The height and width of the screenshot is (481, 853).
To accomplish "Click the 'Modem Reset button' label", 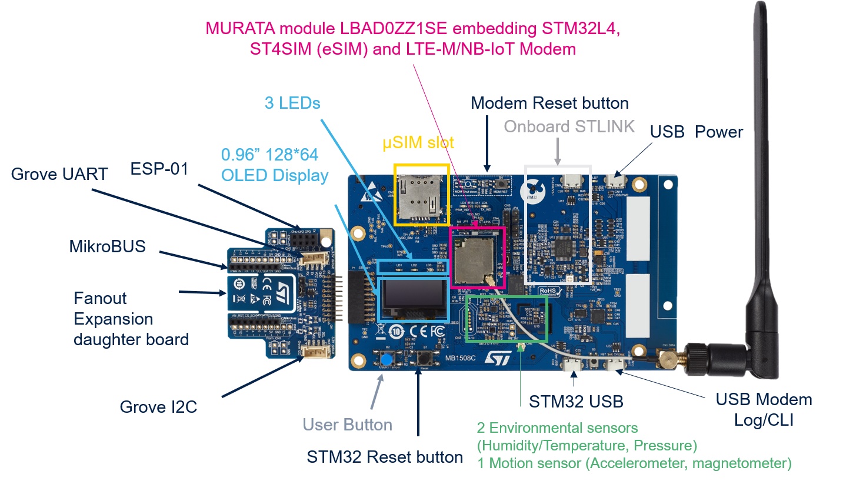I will click(x=549, y=103).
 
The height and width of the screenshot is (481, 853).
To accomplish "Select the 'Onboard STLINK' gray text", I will click(x=569, y=126).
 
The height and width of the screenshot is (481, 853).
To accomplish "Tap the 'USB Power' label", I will click(x=697, y=132).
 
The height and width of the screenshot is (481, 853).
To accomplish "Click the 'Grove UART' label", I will click(x=60, y=173).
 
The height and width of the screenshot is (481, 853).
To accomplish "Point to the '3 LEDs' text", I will click(x=292, y=103).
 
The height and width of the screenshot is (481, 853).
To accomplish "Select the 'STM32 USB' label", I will click(x=576, y=402).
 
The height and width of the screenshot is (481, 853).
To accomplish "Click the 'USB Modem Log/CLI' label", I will click(x=764, y=409).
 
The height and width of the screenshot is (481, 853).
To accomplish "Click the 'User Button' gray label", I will click(x=347, y=425).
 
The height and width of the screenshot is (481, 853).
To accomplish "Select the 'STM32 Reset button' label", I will click(x=385, y=457).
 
